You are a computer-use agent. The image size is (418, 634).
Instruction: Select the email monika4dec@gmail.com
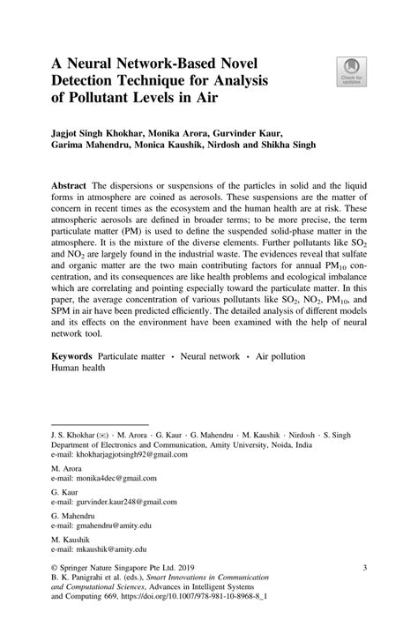(116, 479)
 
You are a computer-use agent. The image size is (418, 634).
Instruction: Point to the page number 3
(363, 571)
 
